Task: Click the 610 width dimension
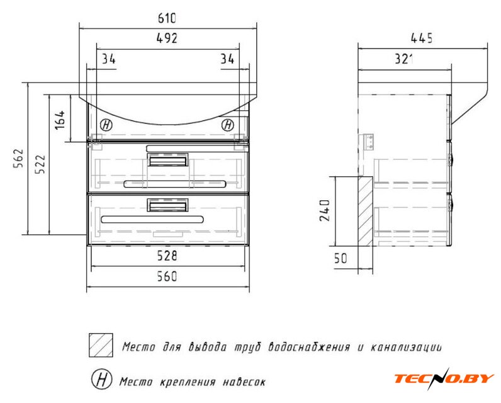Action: pos(167,18)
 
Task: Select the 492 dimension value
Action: pos(167,38)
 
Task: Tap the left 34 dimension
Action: pos(109,59)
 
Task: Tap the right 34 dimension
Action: pos(227,59)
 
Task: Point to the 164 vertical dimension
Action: pos(60,120)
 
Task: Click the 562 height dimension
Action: pos(18,158)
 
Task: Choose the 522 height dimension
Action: pos(40,164)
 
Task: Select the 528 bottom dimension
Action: pos(167,256)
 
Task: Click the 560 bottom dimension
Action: pos(167,276)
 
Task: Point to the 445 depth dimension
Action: pos(422,38)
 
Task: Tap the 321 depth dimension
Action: pos(404,59)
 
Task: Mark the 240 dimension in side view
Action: pos(325,210)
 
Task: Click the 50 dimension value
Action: pos(341,258)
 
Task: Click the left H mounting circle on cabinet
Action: pos(106,125)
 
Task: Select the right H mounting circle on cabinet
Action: pos(228,125)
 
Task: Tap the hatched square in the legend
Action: pos(101,345)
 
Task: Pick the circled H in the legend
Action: pos(102,379)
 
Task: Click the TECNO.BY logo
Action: pos(444,378)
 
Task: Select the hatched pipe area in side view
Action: pos(365,212)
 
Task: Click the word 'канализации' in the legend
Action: pos(406,348)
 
